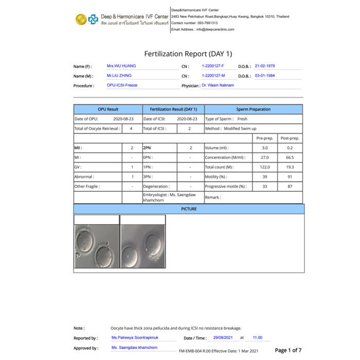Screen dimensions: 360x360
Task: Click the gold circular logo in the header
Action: point(81,19)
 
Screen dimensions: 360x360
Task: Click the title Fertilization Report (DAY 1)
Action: point(188,53)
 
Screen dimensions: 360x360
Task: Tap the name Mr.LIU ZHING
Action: point(119,76)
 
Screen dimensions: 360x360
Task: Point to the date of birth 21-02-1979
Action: point(265,66)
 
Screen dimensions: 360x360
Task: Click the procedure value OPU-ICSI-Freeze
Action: point(122,85)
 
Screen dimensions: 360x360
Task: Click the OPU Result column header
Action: point(108,110)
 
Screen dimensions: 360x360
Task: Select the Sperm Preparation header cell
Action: point(253,110)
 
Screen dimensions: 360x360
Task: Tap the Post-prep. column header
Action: point(290,138)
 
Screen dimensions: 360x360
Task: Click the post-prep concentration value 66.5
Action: point(290,157)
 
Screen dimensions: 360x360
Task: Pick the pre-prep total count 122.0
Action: point(265,167)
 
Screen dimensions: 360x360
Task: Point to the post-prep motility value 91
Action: point(290,177)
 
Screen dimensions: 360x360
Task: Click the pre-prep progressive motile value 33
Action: point(265,187)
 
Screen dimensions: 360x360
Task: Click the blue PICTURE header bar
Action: point(189,209)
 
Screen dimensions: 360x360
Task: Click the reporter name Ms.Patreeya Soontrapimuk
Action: point(135,338)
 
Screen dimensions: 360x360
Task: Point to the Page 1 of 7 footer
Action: point(288,350)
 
